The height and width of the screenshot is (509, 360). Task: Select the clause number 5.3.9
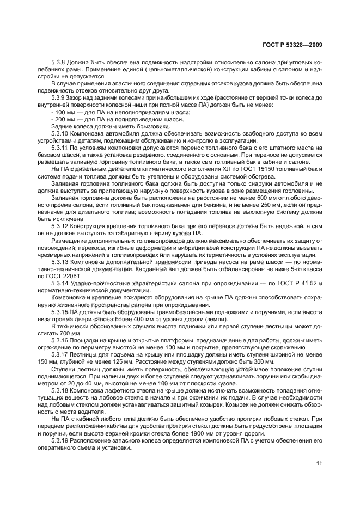pyautogui.click(x=58, y=97)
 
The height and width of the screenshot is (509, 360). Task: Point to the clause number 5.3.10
pyautogui.click(x=60, y=133)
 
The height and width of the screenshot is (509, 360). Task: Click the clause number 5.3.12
pyautogui.click(x=60, y=225)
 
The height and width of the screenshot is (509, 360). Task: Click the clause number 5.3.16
pyautogui.click(x=60, y=339)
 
